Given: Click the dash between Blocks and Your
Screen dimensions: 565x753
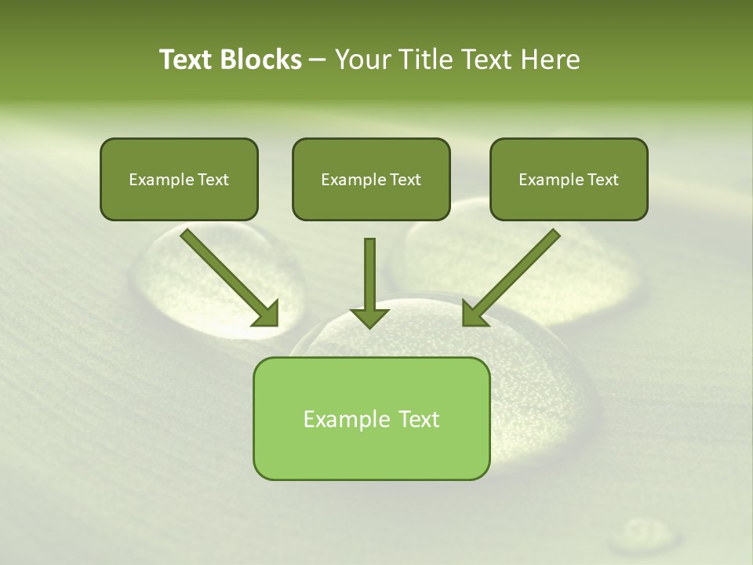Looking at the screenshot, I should (x=318, y=60).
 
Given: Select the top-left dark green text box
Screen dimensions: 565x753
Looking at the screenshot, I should (x=179, y=179).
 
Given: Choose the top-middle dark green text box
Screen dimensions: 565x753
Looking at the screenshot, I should (x=371, y=179).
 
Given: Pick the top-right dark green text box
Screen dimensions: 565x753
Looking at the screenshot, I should (x=569, y=179).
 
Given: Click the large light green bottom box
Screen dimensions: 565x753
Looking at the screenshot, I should (x=371, y=418).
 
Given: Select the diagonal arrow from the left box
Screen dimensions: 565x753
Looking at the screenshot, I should (x=227, y=275).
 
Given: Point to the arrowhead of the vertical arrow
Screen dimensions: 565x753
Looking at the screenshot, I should (x=369, y=317).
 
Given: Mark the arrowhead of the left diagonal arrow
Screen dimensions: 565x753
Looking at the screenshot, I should (x=267, y=313).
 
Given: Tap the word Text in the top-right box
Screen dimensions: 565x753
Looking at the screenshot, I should (x=603, y=180).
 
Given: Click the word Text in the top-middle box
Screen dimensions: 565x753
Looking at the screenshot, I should (x=406, y=180).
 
